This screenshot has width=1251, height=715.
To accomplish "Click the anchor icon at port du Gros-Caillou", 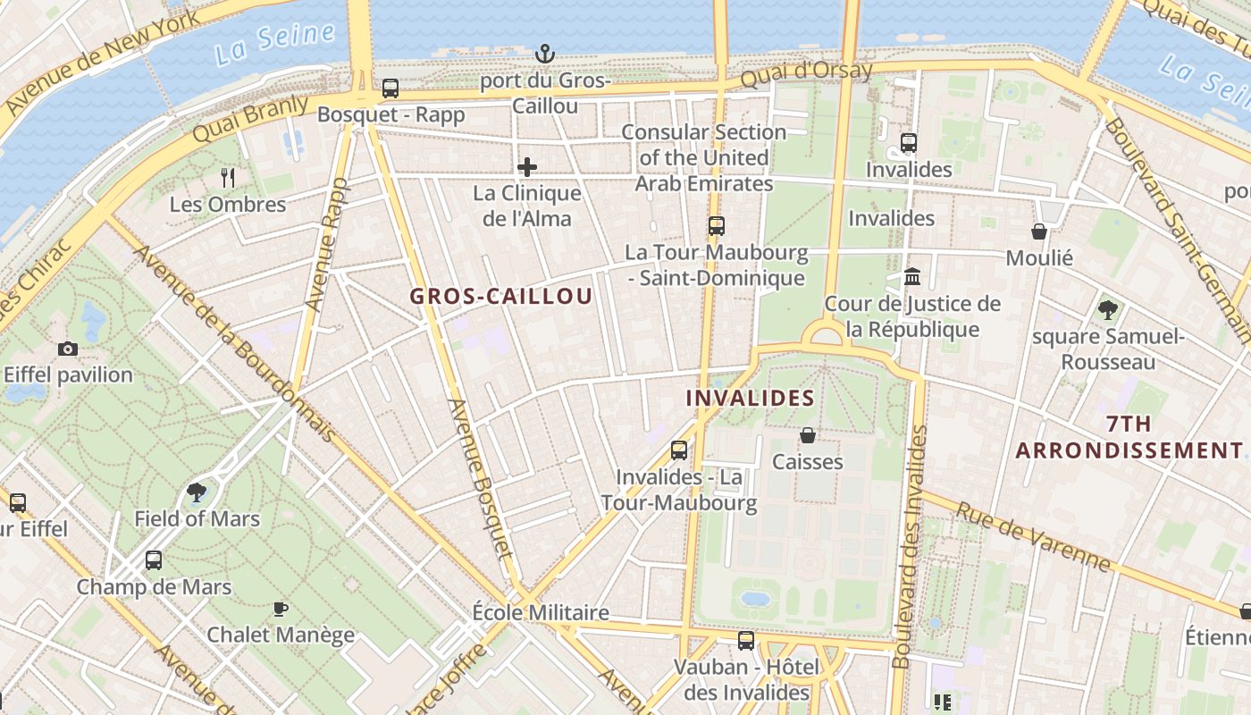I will click(544, 55).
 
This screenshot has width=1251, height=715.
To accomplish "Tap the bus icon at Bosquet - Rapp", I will click(390, 88).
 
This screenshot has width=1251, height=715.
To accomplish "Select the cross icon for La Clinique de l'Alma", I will click(527, 166).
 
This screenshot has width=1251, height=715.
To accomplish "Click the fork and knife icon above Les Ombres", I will click(228, 178).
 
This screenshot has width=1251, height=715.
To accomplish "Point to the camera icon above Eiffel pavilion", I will click(68, 349).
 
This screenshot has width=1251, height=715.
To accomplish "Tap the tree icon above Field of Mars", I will click(197, 492).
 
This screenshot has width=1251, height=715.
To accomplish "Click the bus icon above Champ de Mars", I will click(154, 560).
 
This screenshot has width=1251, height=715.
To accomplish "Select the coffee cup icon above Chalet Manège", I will click(281, 609).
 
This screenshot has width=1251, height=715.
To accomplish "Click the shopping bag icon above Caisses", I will click(808, 435).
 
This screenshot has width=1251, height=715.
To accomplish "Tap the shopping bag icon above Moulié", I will click(1039, 231).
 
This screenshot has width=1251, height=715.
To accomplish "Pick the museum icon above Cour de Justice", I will click(912, 277).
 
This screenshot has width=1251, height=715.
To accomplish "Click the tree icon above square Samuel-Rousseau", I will click(1108, 310).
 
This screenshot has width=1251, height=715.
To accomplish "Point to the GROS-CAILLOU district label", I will click(501, 297).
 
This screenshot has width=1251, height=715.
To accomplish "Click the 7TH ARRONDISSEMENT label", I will click(1129, 437).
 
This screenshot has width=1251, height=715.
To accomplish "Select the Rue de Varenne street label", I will click(1034, 536).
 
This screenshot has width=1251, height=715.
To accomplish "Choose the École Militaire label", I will click(541, 613).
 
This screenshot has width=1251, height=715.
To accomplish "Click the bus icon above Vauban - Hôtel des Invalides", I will click(746, 641).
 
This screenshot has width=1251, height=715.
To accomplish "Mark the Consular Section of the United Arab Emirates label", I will click(704, 158).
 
